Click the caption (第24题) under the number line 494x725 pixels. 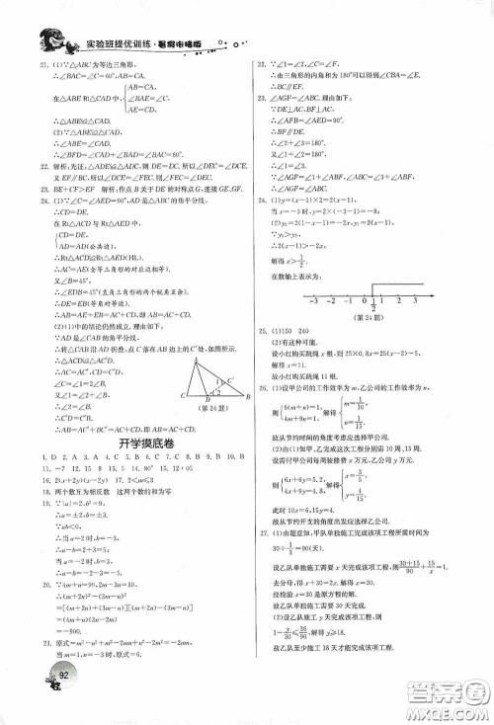[x=370, y=314]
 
